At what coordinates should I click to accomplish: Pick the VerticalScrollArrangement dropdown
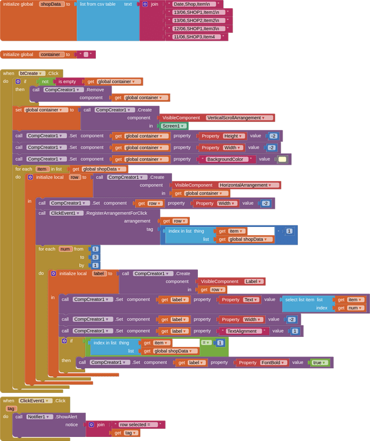[x=238, y=118]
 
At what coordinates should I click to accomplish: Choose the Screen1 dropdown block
[x=174, y=126]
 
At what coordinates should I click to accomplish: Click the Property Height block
[x=220, y=136]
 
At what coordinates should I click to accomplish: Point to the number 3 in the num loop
[x=95, y=257]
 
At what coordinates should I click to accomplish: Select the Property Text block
[x=239, y=299]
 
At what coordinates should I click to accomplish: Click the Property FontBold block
[x=262, y=362]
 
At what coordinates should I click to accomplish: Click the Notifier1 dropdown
[x=42, y=416]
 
